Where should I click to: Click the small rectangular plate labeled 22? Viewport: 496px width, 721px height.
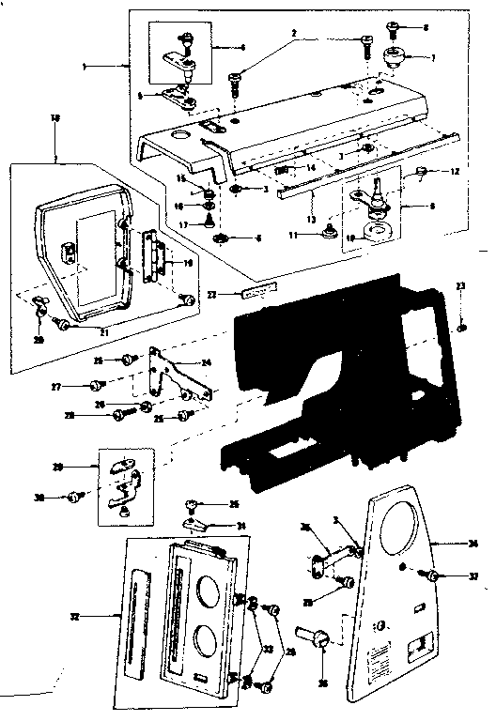click(x=255, y=294)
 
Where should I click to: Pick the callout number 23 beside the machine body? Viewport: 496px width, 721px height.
click(x=460, y=286)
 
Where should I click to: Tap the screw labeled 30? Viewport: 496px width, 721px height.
click(x=73, y=497)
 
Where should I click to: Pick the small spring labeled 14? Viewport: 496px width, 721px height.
click(x=280, y=169)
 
